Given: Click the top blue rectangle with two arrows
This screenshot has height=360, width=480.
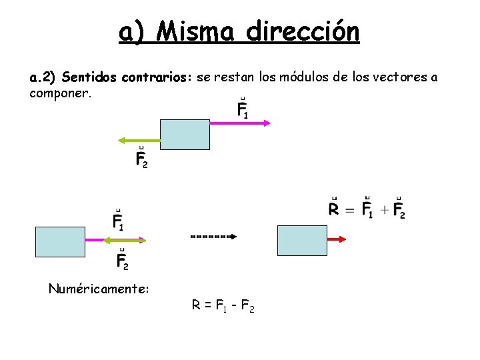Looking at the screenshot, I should click(x=185, y=134).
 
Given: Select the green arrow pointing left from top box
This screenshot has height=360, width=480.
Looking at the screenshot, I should click(x=139, y=140).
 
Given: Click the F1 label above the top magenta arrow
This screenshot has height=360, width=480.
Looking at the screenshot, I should click(x=243, y=109).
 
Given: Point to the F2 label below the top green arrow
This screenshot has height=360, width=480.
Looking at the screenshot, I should click(x=141, y=157).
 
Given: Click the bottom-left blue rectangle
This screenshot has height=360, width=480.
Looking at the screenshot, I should click(x=60, y=241).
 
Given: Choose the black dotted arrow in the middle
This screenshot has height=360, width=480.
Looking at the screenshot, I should click(x=214, y=236).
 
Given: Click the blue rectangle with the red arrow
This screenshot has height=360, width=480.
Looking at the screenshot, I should click(x=301, y=240).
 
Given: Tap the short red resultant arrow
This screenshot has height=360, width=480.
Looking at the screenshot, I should click(x=337, y=239).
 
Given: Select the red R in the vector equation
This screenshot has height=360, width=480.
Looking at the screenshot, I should click(x=334, y=209).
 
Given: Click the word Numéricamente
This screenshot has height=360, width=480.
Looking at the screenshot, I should click(x=99, y=289).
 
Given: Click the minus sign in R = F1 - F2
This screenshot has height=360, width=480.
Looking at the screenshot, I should click(x=231, y=305).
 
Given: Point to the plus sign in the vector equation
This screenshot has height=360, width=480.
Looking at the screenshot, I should click(x=383, y=210).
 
